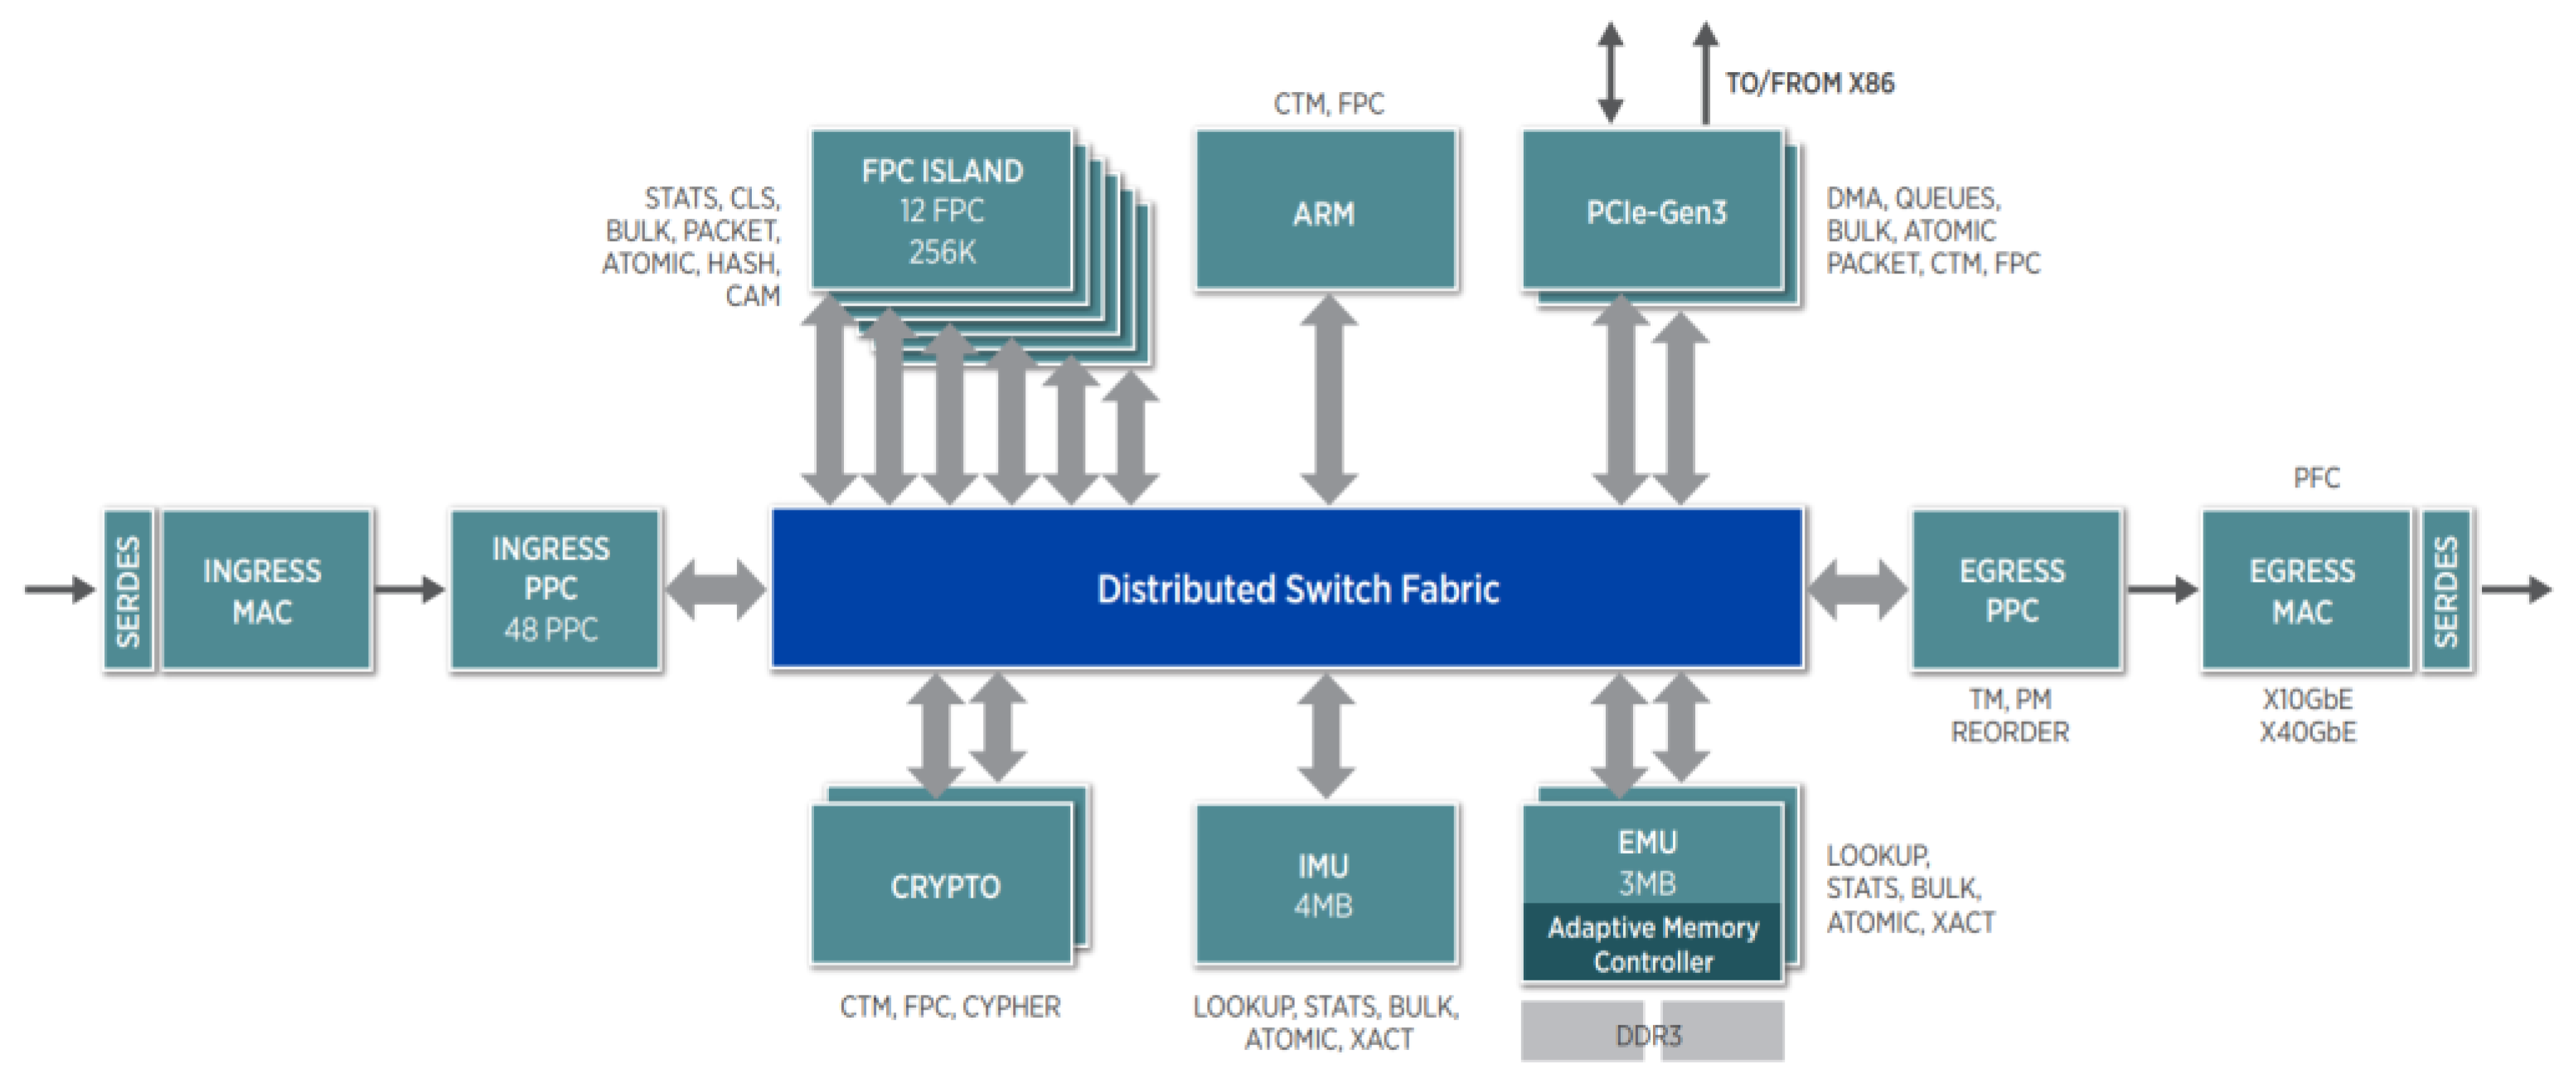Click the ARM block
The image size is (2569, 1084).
click(1326, 211)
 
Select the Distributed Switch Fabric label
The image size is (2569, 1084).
click(1297, 589)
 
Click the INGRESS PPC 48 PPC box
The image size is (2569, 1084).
click(554, 589)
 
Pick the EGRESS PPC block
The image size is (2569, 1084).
click(2014, 590)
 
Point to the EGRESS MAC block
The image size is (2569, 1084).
click(2304, 590)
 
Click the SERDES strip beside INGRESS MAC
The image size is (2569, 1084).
click(128, 590)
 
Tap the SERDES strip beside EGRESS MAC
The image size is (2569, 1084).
click(2446, 590)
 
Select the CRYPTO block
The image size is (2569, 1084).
click(943, 886)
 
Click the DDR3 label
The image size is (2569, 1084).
click(1649, 1035)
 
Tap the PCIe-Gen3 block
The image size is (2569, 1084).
click(1655, 211)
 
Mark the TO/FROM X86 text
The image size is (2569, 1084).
click(1809, 83)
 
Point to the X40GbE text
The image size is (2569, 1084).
click(2308, 733)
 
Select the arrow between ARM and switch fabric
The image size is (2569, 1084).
click(1327, 399)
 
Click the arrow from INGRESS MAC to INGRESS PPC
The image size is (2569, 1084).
click(410, 589)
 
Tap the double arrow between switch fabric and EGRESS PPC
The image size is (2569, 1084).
click(1857, 589)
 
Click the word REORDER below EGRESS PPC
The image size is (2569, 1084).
click(2009, 733)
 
